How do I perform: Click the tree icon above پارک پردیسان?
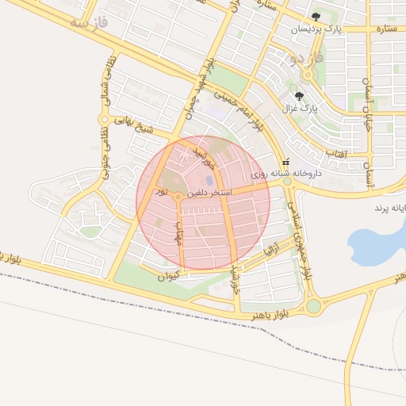tap(316, 17)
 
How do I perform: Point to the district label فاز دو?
tap(308, 60)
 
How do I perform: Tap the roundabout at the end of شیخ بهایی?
tap(102, 120)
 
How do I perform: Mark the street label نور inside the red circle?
tap(162, 192)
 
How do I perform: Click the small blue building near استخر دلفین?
tap(209, 181)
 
